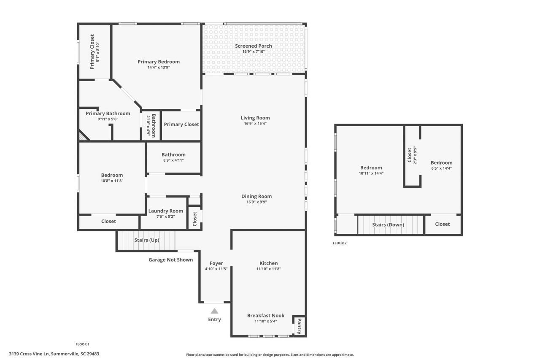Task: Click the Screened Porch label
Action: coord(253,46)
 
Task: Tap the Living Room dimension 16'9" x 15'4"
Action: coord(255,124)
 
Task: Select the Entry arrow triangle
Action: coord(214,311)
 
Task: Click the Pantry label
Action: coord(299,326)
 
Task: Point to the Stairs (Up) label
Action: coord(146,240)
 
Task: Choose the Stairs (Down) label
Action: coord(388,225)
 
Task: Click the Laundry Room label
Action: coord(165,211)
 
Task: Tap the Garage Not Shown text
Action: coord(170,260)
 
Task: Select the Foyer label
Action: coord(216,263)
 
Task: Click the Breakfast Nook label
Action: coord(265,316)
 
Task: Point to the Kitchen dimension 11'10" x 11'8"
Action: coord(268,269)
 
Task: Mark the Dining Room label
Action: coord(256,196)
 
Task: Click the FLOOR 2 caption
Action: coord(340,243)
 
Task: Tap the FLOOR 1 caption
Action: coord(82,344)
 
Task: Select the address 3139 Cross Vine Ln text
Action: coord(54,354)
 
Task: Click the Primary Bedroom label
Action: coord(158,62)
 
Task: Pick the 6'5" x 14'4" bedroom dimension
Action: coord(441,168)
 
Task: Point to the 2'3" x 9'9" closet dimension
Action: coord(415,154)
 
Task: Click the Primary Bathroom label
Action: coord(108,114)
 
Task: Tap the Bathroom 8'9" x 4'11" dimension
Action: coord(173,160)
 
